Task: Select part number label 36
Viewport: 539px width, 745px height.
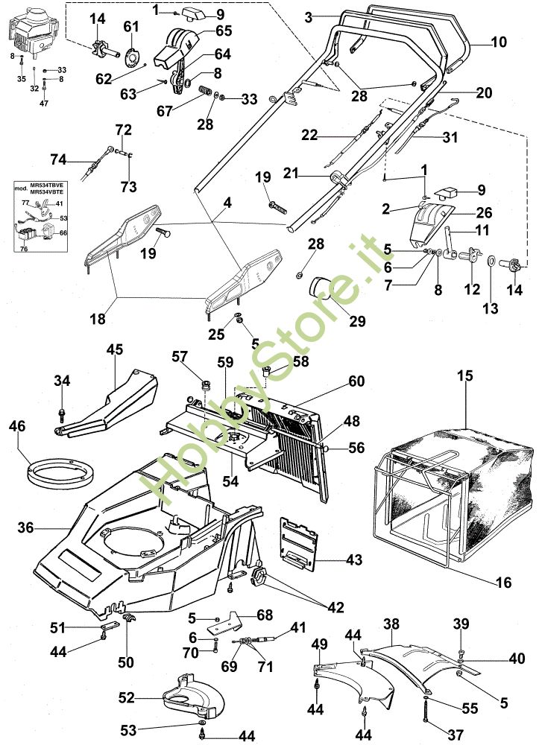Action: click(26, 527)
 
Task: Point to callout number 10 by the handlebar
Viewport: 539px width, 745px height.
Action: click(499, 42)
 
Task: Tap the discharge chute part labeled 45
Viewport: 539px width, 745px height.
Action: click(112, 402)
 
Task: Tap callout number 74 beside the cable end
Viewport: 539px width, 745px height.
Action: click(58, 159)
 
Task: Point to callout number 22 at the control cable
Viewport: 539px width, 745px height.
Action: click(310, 135)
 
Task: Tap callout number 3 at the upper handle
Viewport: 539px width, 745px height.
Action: click(309, 15)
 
